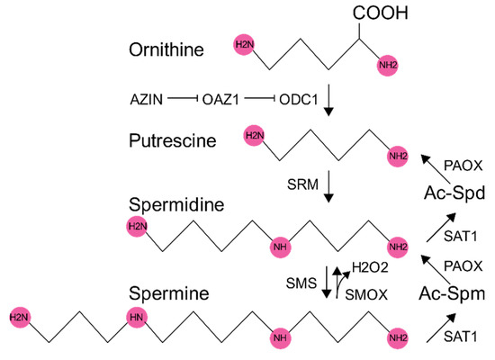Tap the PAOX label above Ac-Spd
click(x=466, y=166)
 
